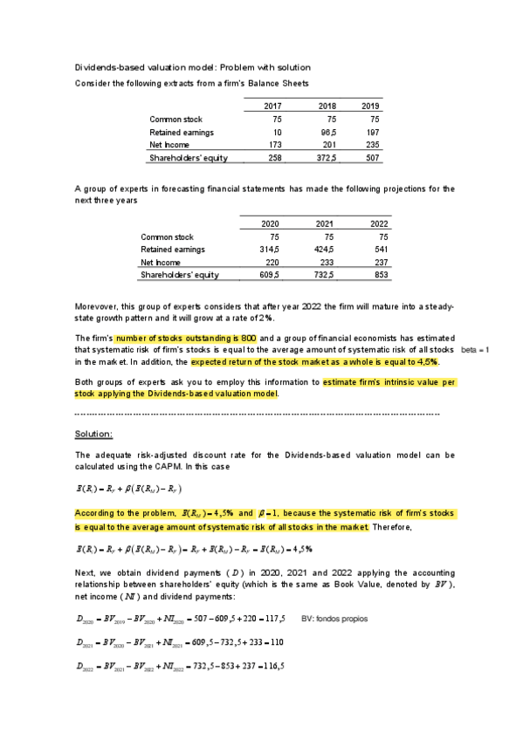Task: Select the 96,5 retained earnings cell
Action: (325, 132)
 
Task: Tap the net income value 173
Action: (276, 145)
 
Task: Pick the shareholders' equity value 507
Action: (373, 158)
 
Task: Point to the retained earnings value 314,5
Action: (267, 249)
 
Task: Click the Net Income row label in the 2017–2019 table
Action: (169, 145)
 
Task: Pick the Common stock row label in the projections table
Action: (167, 236)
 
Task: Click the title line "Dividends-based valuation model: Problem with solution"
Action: (192, 68)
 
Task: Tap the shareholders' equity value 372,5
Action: (323, 158)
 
